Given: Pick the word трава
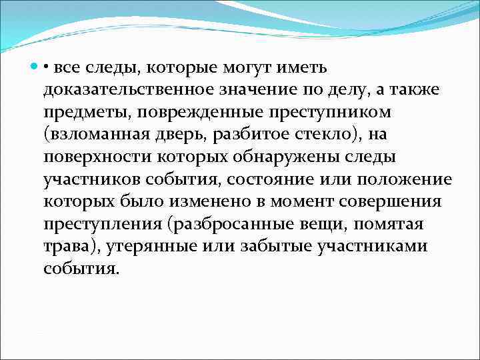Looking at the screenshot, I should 67,247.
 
